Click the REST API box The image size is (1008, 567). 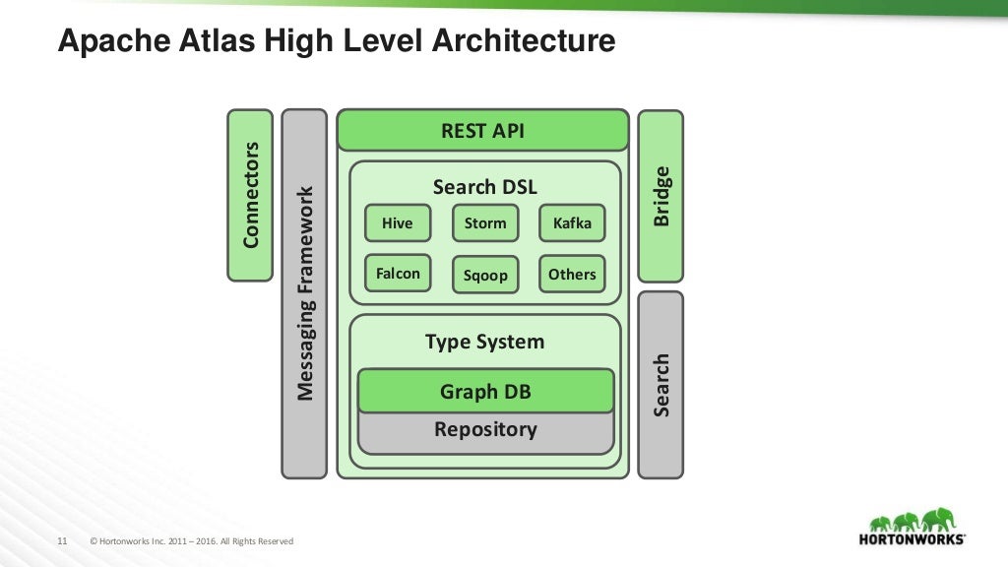[482, 131]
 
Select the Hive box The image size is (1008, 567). [398, 223]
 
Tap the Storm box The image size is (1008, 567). [485, 223]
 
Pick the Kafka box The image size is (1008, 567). [572, 223]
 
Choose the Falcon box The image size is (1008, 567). [398, 274]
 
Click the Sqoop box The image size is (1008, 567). [485, 275]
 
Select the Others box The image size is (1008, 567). [572, 274]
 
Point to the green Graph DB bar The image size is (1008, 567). [485, 392]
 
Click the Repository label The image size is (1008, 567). [485, 430]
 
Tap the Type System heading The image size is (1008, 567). [484, 343]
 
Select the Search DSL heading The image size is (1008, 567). [485, 187]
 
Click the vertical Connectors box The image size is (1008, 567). [250, 195]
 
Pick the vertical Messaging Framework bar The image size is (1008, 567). [305, 293]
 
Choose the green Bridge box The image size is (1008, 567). [661, 195]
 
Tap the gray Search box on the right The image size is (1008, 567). [661, 384]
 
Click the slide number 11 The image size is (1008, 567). [62, 541]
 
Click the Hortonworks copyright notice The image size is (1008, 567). [192, 541]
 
